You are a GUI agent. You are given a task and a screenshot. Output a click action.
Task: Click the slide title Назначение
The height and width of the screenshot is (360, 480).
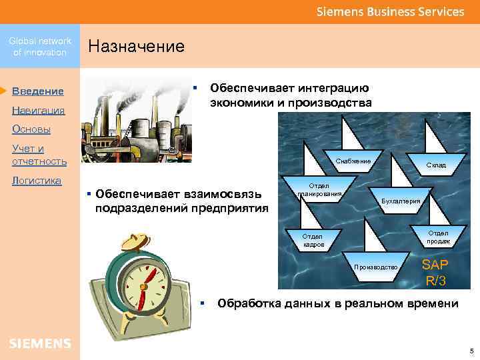tap(136, 46)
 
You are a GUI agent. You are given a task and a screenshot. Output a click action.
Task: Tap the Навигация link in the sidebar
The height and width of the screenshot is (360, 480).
tap(38, 110)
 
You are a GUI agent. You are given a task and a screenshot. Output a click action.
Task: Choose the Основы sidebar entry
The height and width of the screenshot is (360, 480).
tap(31, 129)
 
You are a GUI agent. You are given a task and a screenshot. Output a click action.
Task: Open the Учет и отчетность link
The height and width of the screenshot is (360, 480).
tap(39, 155)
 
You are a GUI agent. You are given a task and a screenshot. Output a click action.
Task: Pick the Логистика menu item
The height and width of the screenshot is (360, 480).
tap(36, 180)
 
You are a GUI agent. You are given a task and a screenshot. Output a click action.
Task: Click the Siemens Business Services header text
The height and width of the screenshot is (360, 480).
tap(390, 11)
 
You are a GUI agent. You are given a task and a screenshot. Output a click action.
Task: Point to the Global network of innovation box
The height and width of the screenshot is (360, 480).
tap(40, 47)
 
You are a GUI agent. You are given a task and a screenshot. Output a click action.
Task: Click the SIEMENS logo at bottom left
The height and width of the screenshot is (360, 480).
tap(40, 343)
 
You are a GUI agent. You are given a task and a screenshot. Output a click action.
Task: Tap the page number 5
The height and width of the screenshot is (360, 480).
tap(471, 351)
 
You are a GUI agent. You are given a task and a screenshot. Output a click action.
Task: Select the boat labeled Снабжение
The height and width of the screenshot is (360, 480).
tap(353, 162)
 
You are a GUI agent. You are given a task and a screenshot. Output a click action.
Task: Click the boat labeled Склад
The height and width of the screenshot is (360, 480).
tap(436, 165)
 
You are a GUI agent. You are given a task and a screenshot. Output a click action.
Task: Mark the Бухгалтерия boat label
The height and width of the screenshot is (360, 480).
tap(401, 201)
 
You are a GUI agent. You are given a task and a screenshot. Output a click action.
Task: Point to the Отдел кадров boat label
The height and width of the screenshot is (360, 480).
tap(313, 240)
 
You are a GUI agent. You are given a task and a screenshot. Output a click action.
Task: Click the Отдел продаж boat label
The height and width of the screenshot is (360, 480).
tap(438, 236)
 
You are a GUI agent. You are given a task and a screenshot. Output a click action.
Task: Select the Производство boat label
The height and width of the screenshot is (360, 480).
tap(376, 267)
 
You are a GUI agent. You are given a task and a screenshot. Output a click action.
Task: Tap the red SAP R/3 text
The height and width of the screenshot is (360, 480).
tap(435, 272)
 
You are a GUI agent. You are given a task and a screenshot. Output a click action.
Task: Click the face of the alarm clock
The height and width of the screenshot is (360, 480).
tap(144, 279)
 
